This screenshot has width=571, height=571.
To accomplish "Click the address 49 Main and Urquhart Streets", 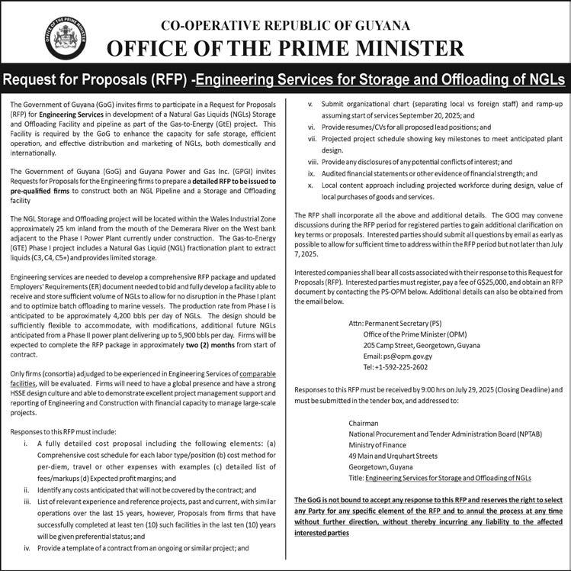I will pyautogui.click(x=393, y=456).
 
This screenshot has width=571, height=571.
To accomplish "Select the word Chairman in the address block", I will pyautogui.click(x=363, y=423).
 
